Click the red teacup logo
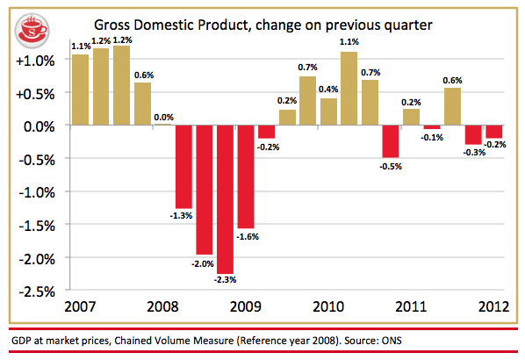32,31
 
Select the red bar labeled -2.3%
225,199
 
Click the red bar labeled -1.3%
183,167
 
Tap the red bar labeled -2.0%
205,190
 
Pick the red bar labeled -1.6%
246,176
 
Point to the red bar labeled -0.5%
391,141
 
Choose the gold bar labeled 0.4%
329,112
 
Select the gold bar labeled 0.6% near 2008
142,104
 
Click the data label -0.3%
474,153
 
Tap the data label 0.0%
163,118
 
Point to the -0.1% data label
432,138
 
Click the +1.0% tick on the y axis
35,61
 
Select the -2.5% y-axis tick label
37,292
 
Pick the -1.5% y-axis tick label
37,226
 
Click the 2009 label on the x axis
246,306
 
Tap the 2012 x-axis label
494,306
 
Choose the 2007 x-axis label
80,306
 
